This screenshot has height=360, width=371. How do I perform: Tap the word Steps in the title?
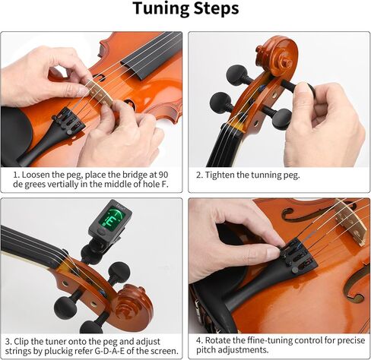coord(216,10)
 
